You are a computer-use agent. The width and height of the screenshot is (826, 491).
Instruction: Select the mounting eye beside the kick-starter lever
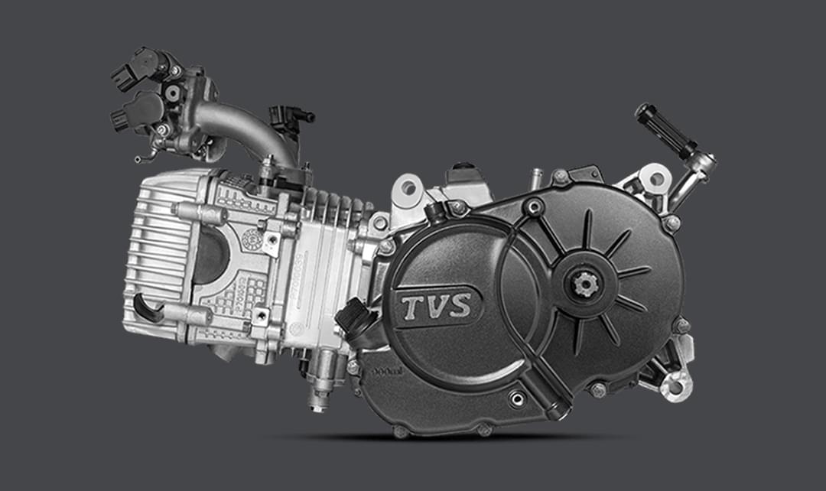coord(655,178)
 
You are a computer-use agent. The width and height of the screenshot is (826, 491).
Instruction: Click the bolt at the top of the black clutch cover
coord(561,177)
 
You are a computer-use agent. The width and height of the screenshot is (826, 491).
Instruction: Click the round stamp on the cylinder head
coord(248,239)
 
